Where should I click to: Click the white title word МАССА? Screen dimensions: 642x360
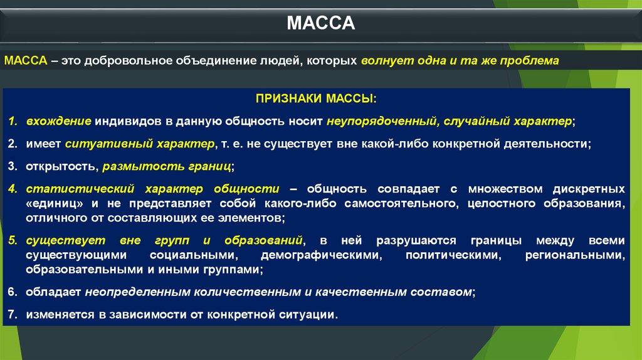click(320, 23)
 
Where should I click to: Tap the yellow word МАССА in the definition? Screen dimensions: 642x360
click(26, 61)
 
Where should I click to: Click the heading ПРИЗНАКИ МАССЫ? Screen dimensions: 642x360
click(316, 98)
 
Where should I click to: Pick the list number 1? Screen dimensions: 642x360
click(13, 121)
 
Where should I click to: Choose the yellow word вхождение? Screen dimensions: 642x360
click(58, 121)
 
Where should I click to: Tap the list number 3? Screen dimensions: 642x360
click(13, 166)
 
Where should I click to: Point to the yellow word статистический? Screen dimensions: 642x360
click(80, 189)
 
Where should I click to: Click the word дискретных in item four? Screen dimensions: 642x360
click(589, 189)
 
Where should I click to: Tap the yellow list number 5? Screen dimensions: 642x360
click(13, 240)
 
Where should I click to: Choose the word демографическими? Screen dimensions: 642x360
click(322, 255)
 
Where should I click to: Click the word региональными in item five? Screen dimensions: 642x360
click(576, 255)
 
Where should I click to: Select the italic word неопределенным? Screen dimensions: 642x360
click(137, 292)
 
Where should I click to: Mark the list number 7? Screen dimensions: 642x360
click(13, 315)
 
